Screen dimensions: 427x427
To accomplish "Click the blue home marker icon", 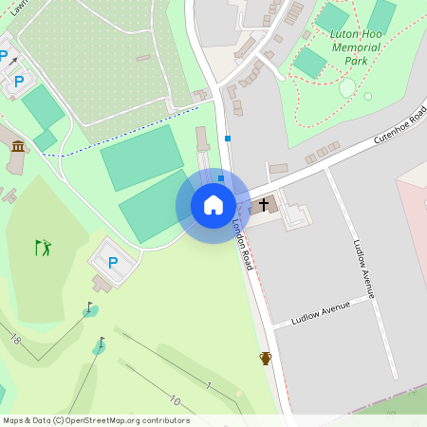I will tap(213, 205).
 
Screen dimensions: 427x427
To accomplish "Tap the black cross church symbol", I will tap(264, 203).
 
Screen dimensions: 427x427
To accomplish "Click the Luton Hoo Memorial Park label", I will tap(355, 47).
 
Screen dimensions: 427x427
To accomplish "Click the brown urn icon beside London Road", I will tap(267, 358).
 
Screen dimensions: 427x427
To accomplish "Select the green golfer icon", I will tap(43, 248).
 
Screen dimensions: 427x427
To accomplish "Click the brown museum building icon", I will tap(18, 145).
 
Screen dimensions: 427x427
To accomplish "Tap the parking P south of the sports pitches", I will tap(113, 263).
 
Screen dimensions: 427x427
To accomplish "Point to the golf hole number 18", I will tap(15, 339).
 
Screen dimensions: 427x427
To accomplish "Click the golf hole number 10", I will tap(175, 400).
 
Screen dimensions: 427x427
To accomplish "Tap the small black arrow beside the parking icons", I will tap(14, 60).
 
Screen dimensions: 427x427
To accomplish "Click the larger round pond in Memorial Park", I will tap(347, 87).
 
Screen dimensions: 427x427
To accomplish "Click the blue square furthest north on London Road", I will tap(228, 139).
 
